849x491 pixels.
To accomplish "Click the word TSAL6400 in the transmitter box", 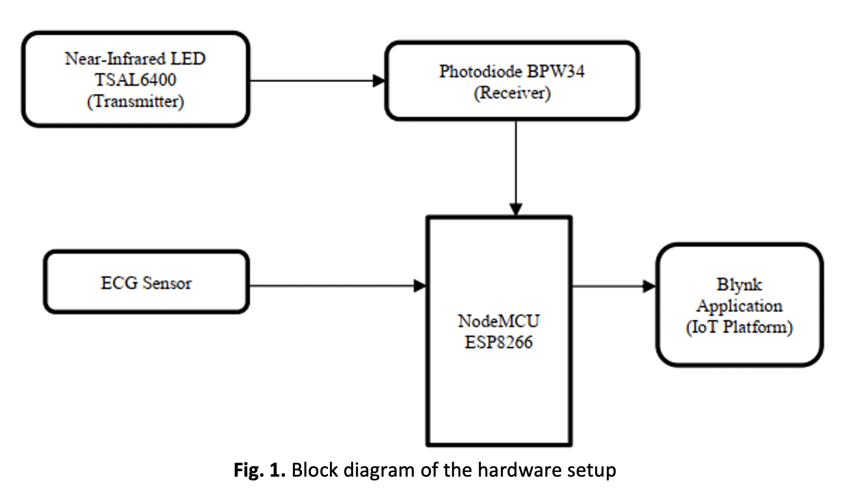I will pyautogui.click(x=136, y=80).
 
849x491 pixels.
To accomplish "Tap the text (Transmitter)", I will pyautogui.click(x=136, y=101).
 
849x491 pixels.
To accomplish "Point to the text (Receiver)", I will pyautogui.click(x=512, y=93).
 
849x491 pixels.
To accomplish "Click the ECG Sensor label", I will pyautogui.click(x=146, y=283).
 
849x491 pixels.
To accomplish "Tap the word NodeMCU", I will pyautogui.click(x=499, y=321).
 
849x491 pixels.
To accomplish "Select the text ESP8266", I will pyautogui.click(x=499, y=342).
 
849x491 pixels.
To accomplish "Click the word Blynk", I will pyautogui.click(x=739, y=285).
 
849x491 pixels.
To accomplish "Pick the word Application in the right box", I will pyautogui.click(x=739, y=306).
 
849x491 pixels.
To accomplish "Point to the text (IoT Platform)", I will pyautogui.click(x=739, y=327).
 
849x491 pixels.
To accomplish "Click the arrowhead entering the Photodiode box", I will pyautogui.click(x=379, y=81).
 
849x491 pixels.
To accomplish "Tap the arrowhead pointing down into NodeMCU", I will pyautogui.click(x=516, y=210).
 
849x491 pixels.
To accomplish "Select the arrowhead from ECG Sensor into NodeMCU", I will pyautogui.click(x=420, y=286).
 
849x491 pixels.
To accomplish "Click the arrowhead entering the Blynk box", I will pyautogui.click(x=649, y=286).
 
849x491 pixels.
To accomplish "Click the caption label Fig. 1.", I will pyautogui.click(x=259, y=470).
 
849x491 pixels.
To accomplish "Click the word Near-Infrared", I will pyautogui.click(x=115, y=59).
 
